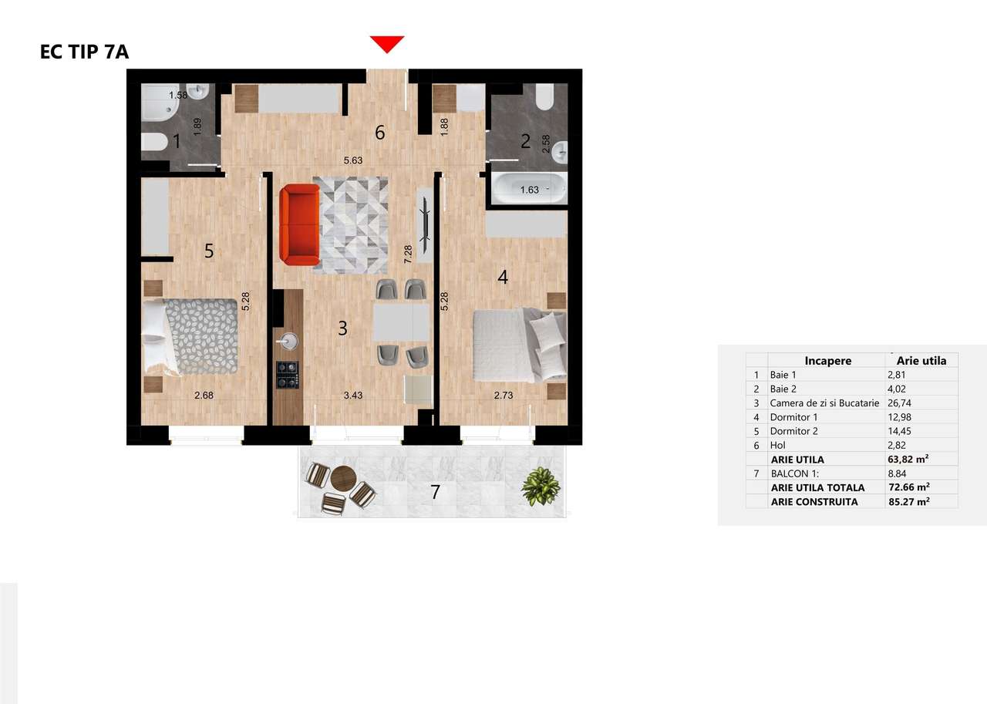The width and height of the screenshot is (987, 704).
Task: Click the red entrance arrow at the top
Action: click(x=387, y=44)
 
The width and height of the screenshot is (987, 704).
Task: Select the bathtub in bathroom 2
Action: click(x=529, y=188)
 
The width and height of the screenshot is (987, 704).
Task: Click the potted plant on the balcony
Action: click(x=540, y=487)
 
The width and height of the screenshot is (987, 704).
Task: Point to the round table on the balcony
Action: click(x=343, y=479)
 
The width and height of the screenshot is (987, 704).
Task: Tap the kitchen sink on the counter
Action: click(x=290, y=340)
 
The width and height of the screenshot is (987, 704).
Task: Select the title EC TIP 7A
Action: click(x=84, y=52)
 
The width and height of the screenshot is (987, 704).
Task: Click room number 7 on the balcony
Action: click(x=435, y=491)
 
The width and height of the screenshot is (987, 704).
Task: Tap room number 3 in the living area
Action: click(x=343, y=328)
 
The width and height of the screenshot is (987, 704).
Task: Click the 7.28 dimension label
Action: click(x=408, y=253)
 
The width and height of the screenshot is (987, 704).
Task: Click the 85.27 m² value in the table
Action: click(x=910, y=501)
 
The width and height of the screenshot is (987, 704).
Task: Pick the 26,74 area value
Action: click(x=900, y=403)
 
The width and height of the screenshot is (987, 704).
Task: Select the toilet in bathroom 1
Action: click(x=155, y=142)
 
